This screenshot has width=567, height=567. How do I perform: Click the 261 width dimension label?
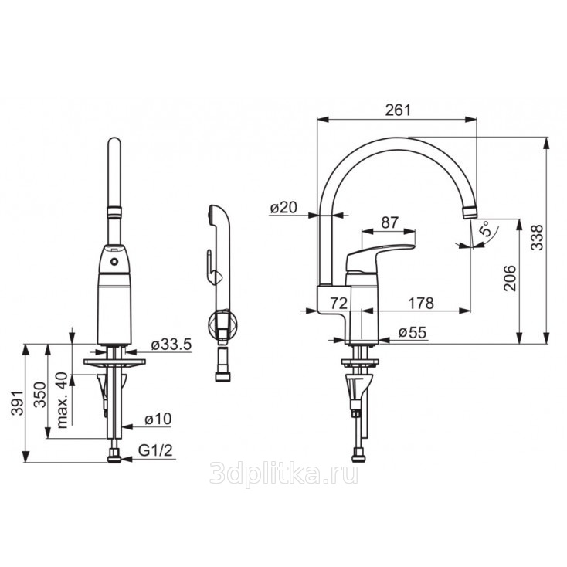pyautogui.click(x=398, y=110)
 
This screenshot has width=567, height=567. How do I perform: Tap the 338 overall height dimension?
pyautogui.click(x=538, y=238)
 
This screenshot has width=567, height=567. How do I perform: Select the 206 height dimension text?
pyautogui.click(x=511, y=278)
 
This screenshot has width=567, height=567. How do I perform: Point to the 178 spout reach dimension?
pyautogui.click(x=421, y=303)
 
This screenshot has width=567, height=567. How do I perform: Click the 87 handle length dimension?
pyautogui.click(x=390, y=222)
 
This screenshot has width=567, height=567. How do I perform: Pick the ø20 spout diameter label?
pyautogui.click(x=283, y=208)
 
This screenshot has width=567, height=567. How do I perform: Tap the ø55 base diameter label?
pyautogui.click(x=413, y=332)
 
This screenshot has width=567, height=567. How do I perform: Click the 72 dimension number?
pyautogui.click(x=339, y=303)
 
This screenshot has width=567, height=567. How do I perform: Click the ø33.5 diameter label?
pyautogui.click(x=171, y=345)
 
